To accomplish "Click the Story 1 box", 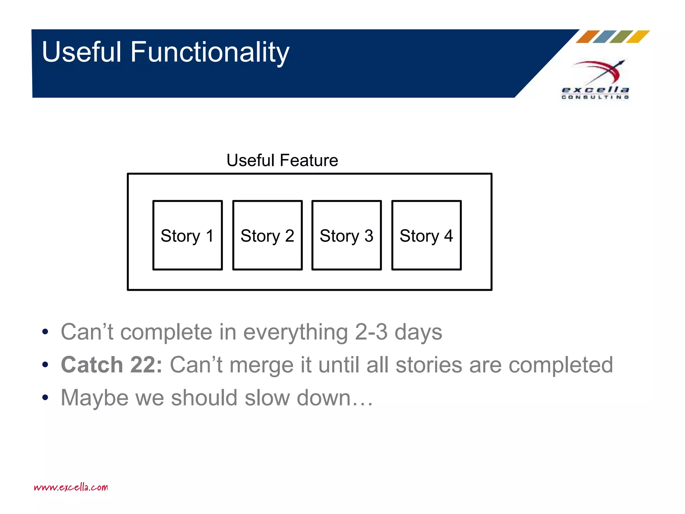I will (x=187, y=235).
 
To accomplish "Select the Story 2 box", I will (x=267, y=235).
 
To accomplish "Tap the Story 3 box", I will (x=347, y=235).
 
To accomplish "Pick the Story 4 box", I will (x=426, y=235).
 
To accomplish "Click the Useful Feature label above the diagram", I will (x=282, y=160).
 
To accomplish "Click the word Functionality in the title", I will (x=210, y=52).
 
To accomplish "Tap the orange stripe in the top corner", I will (x=588, y=37).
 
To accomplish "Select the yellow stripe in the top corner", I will (x=638, y=37).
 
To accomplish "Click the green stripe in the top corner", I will (x=621, y=37).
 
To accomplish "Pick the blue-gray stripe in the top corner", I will (x=604, y=37).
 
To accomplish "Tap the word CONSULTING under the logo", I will (x=595, y=97).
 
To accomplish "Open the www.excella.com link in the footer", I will (x=71, y=487).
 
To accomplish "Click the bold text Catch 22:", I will (x=111, y=365).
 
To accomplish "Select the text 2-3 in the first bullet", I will (x=371, y=332).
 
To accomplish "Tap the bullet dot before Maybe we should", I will (x=45, y=398).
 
